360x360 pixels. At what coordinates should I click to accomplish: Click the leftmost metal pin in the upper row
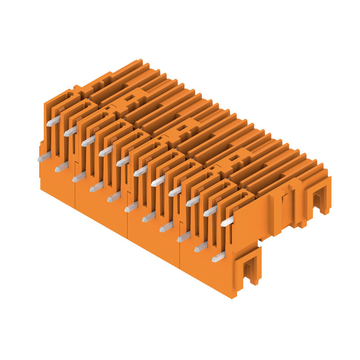click(x=53, y=121)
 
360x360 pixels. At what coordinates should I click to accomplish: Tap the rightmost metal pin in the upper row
click(x=227, y=221)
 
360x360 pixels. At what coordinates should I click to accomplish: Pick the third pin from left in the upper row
click(x=88, y=141)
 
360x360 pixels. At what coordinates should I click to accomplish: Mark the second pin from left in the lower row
click(x=61, y=167)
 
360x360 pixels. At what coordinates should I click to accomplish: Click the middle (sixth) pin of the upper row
click(x=140, y=171)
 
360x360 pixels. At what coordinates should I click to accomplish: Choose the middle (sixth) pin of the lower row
click(x=131, y=207)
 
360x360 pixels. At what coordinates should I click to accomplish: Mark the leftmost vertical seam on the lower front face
click(x=74, y=193)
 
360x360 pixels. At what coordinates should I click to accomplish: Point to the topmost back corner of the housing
click(x=139, y=60)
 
